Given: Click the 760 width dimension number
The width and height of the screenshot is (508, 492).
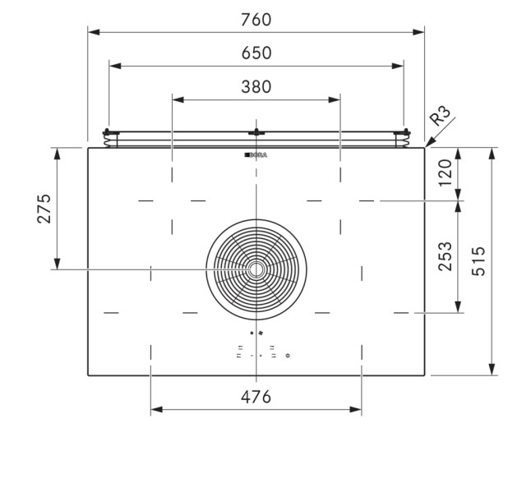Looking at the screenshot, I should (256, 18).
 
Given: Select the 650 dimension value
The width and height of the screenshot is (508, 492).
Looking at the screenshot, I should (256, 53).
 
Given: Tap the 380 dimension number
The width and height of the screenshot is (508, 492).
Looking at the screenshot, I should (256, 87).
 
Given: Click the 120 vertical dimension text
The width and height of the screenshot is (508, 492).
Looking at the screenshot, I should (446, 173).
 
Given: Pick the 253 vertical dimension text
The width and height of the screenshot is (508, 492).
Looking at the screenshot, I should (446, 257).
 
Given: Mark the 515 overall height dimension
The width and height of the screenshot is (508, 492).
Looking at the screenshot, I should (478, 261).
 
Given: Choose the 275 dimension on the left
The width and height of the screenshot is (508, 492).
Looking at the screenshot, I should (44, 209).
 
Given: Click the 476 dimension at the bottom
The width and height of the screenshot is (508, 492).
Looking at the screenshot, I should (256, 397).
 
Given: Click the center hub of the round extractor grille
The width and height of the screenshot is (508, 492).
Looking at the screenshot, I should (256, 269).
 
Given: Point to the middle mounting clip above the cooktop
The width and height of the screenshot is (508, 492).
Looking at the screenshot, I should (256, 133).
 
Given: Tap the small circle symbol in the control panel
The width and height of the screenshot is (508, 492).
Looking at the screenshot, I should (287, 356).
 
